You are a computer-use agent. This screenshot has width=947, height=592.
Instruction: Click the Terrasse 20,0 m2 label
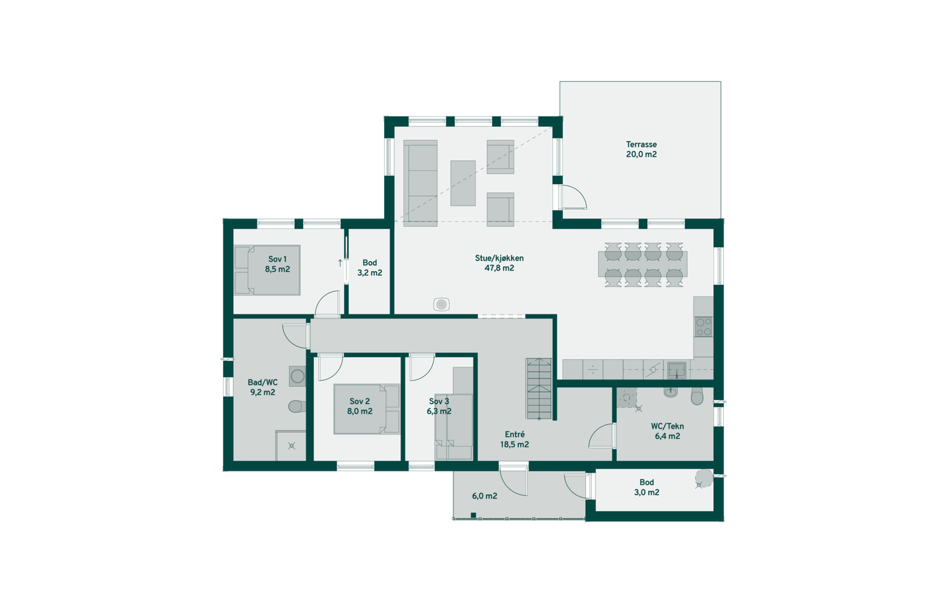tap(641, 149)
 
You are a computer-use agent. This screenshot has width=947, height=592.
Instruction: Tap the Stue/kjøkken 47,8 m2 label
tap(499, 263)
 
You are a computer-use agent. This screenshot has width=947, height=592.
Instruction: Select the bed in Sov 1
tap(267, 270)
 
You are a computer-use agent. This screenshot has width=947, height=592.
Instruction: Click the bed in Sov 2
tap(366, 408)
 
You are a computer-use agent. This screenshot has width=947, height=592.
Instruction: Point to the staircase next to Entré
tap(539, 388)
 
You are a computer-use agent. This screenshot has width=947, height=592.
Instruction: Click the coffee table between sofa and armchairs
tap(463, 183)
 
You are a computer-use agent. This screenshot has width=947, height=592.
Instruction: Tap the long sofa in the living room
tap(421, 182)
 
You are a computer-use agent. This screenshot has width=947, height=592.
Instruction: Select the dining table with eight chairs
tap(642, 264)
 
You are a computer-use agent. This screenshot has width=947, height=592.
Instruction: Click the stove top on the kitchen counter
tap(703, 326)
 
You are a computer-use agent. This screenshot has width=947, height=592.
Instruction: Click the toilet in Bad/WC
tap(297, 406)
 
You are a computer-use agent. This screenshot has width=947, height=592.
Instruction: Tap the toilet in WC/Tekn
tap(697, 396)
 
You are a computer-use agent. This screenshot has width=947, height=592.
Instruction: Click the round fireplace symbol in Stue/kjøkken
tap(441, 304)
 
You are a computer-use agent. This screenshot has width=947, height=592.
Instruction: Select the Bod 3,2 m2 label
tap(369, 268)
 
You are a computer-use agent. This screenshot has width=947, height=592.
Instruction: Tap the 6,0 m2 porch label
tap(484, 496)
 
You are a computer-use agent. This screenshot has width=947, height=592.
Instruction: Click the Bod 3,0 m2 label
tap(646, 487)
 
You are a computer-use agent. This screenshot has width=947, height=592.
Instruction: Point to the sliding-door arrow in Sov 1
tap(340, 263)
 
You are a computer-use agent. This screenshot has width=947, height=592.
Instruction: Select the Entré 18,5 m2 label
tap(514, 439)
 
